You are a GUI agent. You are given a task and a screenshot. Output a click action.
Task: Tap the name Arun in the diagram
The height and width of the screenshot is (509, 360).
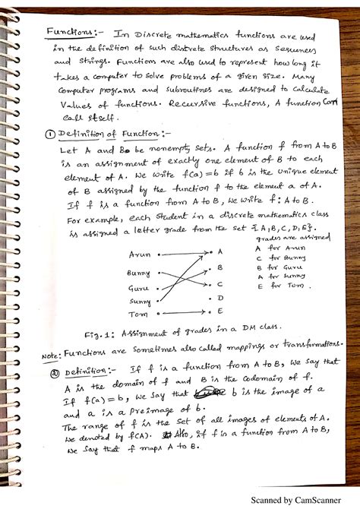(140, 254)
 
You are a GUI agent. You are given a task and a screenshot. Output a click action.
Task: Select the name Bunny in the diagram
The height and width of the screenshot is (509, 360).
(140, 271)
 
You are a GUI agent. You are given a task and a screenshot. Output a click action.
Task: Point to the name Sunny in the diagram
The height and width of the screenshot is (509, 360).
(139, 301)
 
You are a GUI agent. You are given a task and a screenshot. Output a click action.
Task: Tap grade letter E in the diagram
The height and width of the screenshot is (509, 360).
(220, 310)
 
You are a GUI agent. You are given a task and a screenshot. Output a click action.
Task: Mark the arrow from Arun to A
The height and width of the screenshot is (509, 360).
(186, 251)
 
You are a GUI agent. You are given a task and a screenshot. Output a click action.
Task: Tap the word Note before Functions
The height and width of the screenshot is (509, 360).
(49, 354)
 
